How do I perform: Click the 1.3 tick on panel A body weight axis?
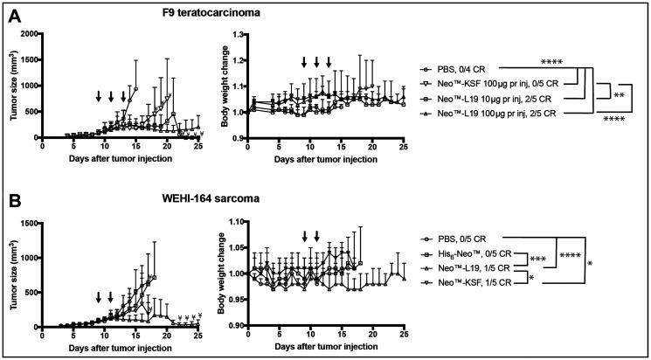pos(238,34)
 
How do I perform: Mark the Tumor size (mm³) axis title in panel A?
pos(10,86)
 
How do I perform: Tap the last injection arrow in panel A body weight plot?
pos(329,62)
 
